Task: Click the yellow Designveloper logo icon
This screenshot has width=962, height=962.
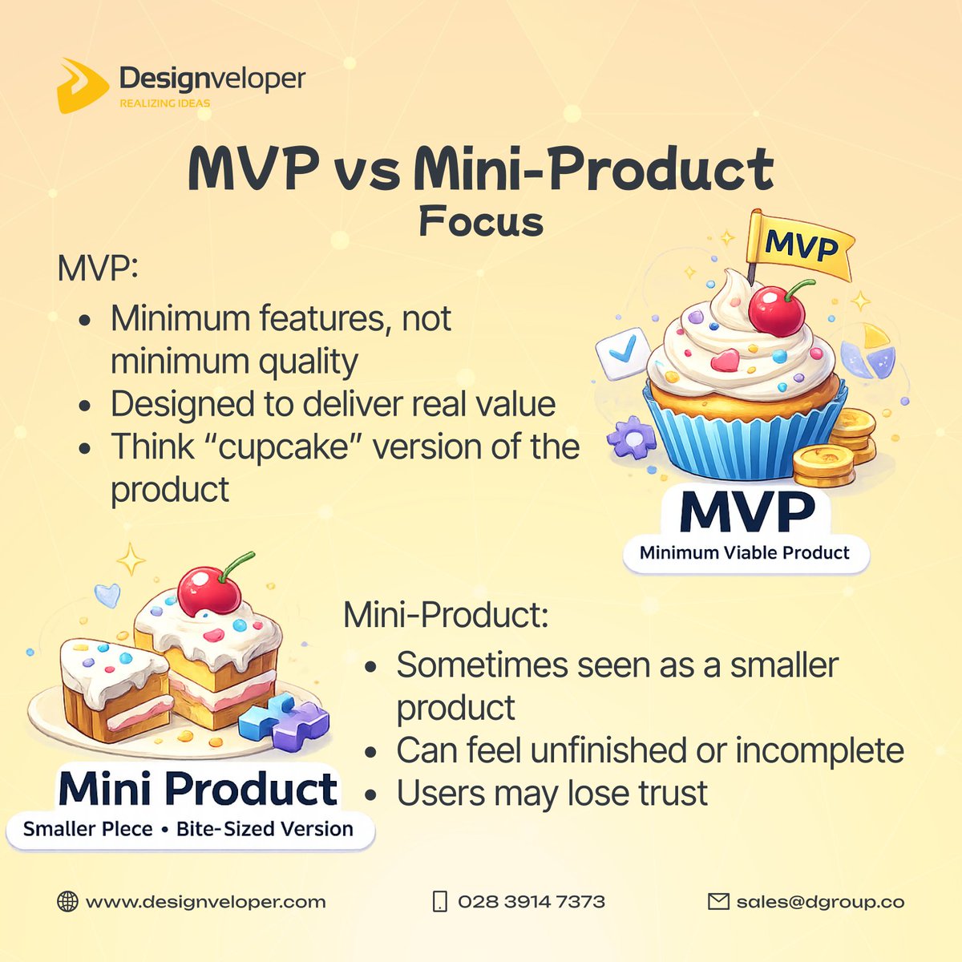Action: (83, 84)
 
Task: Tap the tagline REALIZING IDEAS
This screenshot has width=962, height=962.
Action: (164, 103)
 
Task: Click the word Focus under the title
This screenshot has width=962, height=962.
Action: (481, 221)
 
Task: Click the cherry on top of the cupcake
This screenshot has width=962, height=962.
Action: (775, 309)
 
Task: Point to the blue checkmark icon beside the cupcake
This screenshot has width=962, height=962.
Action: (623, 352)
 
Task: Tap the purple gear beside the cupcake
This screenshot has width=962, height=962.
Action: (631, 438)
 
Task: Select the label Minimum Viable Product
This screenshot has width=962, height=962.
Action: (745, 553)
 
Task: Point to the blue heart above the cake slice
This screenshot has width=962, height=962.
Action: (107, 595)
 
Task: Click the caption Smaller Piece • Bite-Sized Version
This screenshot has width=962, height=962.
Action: (188, 829)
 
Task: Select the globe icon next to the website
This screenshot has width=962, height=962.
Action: (67, 901)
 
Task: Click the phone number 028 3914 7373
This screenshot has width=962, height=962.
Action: (531, 901)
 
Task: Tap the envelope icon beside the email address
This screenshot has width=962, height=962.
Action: (718, 901)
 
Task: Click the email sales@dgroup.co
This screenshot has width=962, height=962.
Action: (820, 901)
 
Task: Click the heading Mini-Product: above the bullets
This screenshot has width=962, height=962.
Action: (446, 616)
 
